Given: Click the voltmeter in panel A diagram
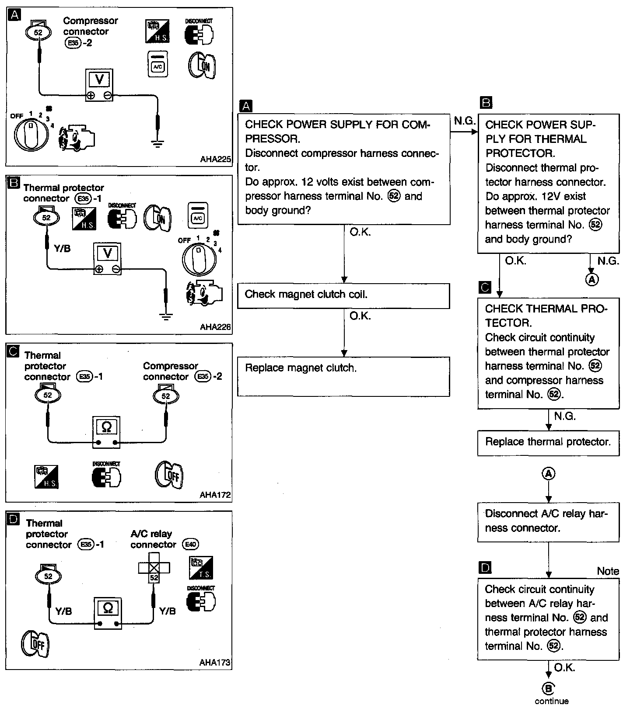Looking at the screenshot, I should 99,85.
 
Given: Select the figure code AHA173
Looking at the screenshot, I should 215,663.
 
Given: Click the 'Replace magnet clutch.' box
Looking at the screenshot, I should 343,376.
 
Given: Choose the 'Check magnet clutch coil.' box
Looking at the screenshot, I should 343,296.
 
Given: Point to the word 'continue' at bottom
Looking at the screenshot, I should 551,701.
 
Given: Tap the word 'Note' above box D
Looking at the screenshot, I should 608,571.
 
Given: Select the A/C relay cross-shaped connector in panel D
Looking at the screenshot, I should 154,568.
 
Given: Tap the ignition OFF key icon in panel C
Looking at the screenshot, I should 169,475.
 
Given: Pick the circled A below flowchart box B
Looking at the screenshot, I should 591,279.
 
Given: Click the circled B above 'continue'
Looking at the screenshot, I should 548,689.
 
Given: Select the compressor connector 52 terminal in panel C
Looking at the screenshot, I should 166,396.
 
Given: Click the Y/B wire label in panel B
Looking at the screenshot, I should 62,249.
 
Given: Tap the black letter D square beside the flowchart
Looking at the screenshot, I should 485,568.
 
